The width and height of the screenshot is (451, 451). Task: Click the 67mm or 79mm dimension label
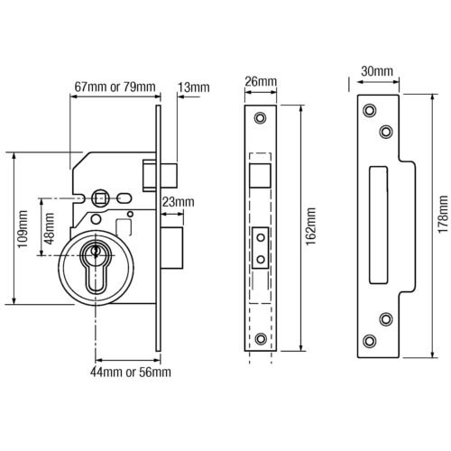115,87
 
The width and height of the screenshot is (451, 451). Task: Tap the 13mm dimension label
194,87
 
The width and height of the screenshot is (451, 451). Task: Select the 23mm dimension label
179,202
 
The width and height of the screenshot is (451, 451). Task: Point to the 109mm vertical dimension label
23,229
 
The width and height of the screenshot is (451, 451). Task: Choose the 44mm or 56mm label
131,373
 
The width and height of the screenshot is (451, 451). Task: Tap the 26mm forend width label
261,81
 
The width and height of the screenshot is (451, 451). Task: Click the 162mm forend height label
310,226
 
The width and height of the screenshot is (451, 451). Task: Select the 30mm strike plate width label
377,71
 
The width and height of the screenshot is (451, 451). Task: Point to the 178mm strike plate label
443,214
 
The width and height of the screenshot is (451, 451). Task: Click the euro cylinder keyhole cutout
96,268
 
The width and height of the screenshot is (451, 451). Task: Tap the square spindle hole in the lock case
99,198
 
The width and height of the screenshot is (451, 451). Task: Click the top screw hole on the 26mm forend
260,118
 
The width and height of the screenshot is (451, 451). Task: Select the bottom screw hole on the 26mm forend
261,339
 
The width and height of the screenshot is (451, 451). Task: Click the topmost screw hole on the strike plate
370,110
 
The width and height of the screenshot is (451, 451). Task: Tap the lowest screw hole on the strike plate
370,341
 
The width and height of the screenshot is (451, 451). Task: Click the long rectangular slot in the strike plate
378,225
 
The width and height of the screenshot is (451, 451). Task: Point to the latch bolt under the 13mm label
160,176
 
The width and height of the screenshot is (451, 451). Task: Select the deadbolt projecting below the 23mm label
171,248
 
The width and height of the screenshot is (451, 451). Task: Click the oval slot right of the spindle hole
124,198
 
